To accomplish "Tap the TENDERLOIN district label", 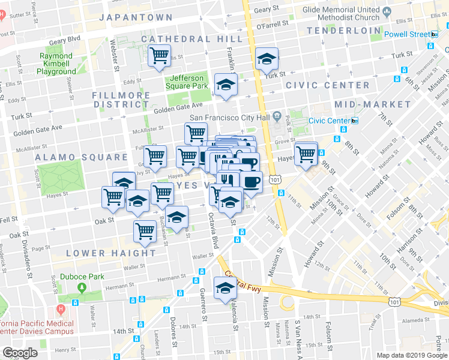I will [x=343, y=30].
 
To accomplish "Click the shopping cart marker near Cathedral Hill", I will [x=159, y=56].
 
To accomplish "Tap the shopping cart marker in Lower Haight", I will [x=145, y=231].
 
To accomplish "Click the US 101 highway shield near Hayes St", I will [x=275, y=179].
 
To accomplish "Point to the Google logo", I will [x=20, y=352].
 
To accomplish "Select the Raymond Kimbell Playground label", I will [x=56, y=64].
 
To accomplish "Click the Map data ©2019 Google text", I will [x=411, y=355].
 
